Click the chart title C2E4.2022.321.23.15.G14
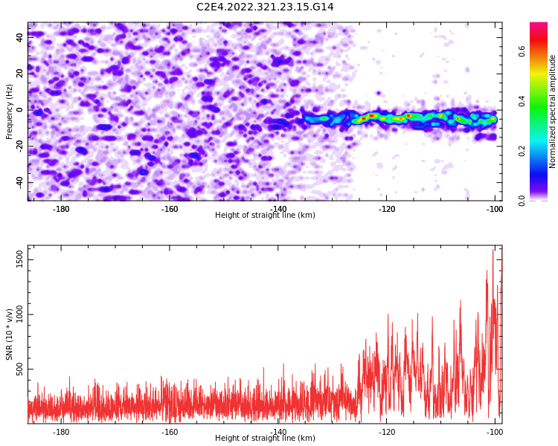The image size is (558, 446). pyautogui.click(x=265, y=7)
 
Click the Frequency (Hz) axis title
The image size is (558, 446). pyautogui.click(x=9, y=111)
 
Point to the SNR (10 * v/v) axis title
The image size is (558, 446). pyautogui.click(x=9, y=337)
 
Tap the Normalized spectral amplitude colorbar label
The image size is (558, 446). pyautogui.click(x=552, y=111)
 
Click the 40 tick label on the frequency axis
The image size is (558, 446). pyautogui.click(x=19, y=37)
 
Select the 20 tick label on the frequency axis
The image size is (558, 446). pyautogui.click(x=19, y=74)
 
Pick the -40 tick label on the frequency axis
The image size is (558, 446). pyautogui.click(x=19, y=183)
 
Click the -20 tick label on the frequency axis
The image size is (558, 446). pyautogui.click(x=19, y=146)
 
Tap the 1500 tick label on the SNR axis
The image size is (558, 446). pyautogui.click(x=19, y=260)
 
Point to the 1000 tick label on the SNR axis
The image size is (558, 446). pyautogui.click(x=19, y=314)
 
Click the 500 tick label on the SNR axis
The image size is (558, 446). pyautogui.click(x=19, y=369)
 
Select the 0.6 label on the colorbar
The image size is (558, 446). pyautogui.click(x=522, y=51)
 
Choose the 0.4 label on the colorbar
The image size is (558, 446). pyautogui.click(x=522, y=101)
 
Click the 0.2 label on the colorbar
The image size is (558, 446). pyautogui.click(x=522, y=151)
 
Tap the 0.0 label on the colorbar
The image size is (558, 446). pyautogui.click(x=522, y=201)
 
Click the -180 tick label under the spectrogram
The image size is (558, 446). pyautogui.click(x=61, y=209)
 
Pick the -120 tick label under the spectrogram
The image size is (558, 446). pyautogui.click(x=386, y=209)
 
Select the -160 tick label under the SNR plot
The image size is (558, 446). pyautogui.click(x=170, y=432)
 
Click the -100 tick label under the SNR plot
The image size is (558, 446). pyautogui.click(x=495, y=432)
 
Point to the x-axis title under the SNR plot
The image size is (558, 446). pyautogui.click(x=265, y=438)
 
